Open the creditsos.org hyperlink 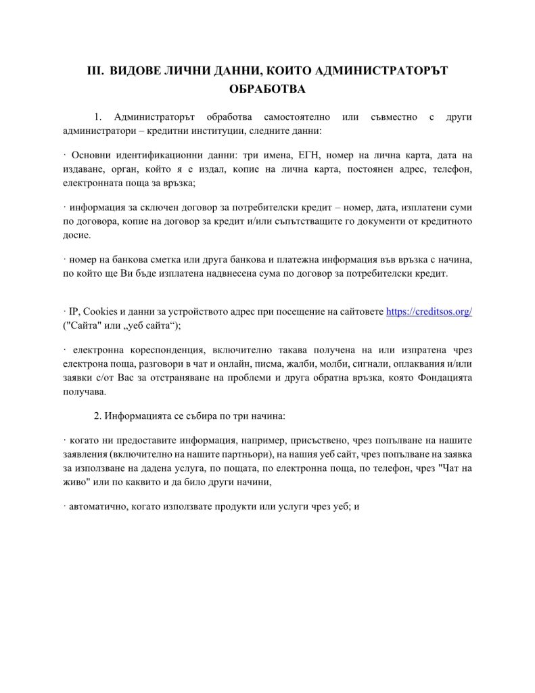coord(429,311)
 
